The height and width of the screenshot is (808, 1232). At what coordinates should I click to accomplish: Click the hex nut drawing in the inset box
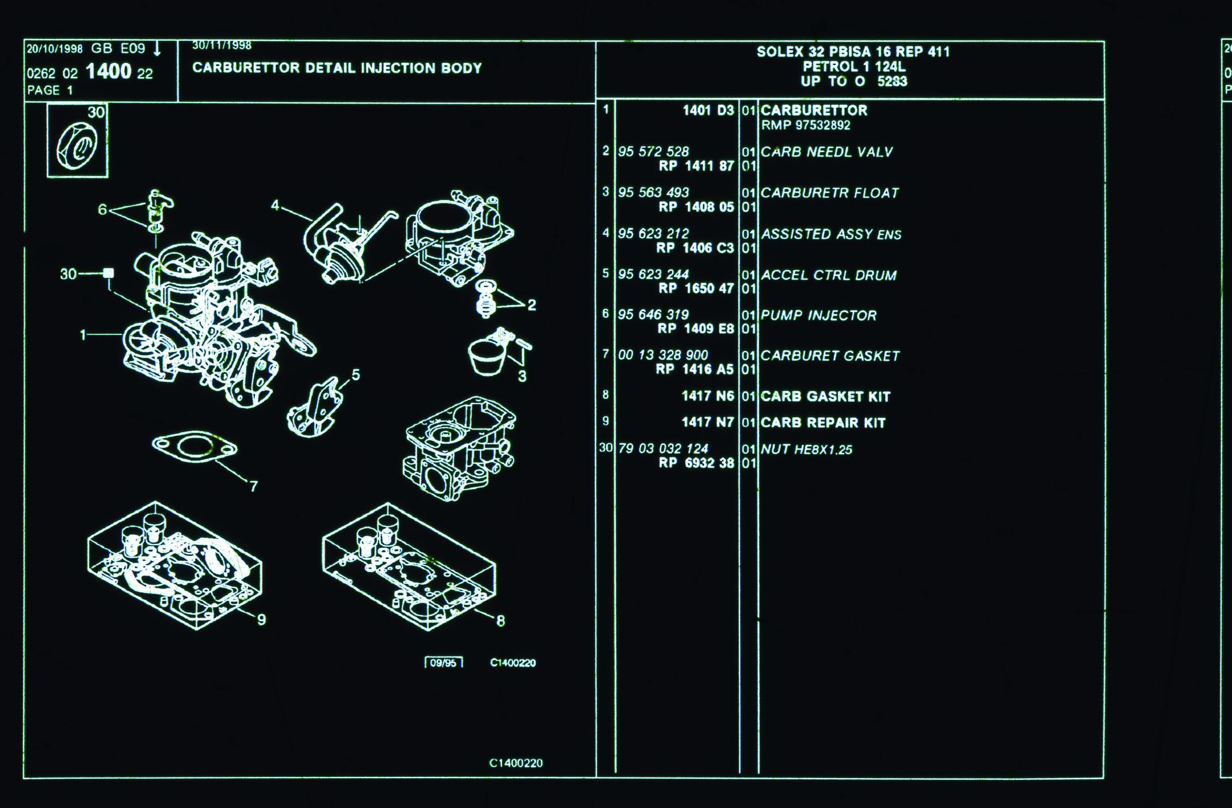point(77,146)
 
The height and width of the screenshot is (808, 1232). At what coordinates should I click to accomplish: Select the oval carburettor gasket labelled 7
point(194,447)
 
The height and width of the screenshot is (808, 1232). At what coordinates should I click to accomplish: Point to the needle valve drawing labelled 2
point(486,299)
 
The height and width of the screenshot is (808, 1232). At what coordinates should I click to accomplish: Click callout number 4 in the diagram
point(275,205)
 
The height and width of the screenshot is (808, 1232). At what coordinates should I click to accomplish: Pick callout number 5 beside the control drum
point(356,375)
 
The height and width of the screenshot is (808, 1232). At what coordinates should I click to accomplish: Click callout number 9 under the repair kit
point(261,619)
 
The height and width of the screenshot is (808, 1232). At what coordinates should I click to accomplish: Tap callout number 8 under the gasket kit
point(500,620)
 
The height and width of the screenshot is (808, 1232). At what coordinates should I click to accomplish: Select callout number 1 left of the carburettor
point(83,334)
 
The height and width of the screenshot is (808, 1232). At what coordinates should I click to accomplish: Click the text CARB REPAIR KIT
point(823,422)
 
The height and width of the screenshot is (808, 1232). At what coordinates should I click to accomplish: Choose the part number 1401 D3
point(708,110)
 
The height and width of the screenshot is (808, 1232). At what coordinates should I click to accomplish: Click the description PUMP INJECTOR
point(818,315)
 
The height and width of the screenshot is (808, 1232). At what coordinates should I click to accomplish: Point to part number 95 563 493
point(653,192)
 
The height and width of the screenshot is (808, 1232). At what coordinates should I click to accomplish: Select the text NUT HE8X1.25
point(806,449)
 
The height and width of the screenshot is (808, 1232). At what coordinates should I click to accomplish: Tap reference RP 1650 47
point(696,288)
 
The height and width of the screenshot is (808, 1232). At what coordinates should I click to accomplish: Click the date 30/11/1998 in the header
point(222,45)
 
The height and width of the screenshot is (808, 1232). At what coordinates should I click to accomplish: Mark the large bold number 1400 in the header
point(108,72)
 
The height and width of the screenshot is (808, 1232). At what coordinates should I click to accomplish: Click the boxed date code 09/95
point(443,663)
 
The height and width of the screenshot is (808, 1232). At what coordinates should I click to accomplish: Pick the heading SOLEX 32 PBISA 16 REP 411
point(853,52)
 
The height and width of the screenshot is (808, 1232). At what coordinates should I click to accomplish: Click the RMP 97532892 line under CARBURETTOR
point(806,125)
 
